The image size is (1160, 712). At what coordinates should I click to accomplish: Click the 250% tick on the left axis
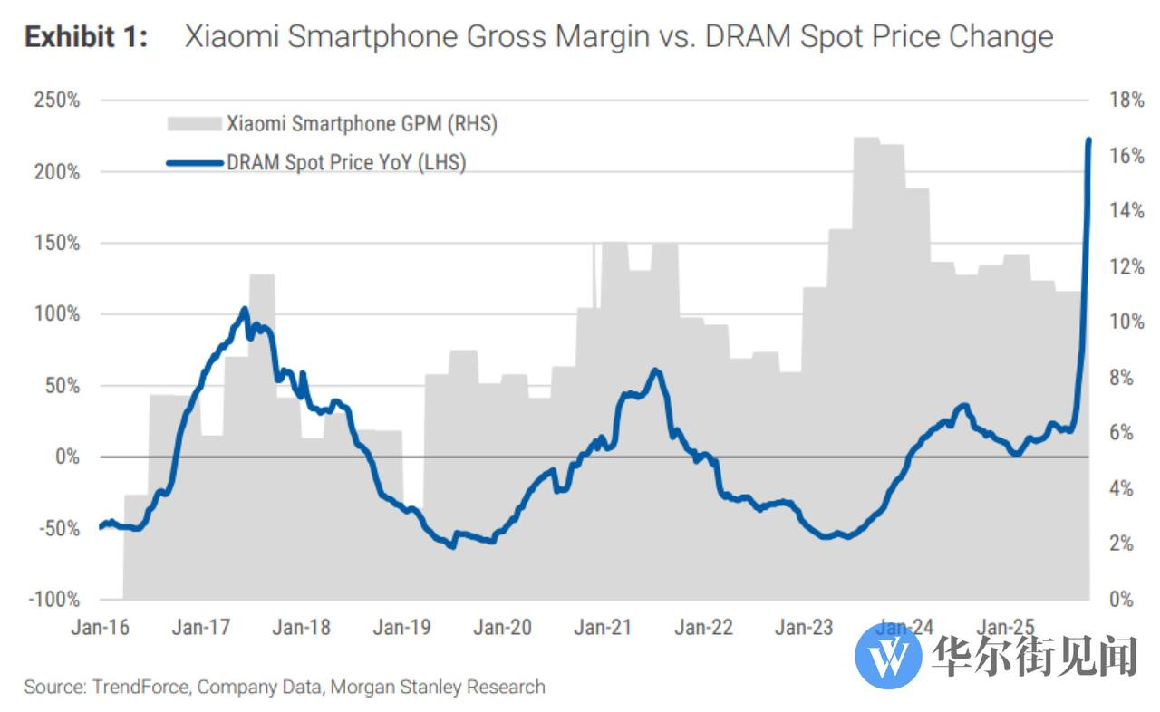pos(56,101)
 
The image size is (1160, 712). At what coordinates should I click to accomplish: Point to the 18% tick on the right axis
pos(1126,101)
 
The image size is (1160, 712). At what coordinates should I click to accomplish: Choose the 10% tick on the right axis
pos(1126,322)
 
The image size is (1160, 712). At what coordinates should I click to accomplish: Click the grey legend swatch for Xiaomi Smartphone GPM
pos(193,124)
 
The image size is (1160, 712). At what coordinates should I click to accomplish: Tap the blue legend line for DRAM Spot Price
pos(195,163)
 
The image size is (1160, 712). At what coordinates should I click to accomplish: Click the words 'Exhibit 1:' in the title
pos(86,37)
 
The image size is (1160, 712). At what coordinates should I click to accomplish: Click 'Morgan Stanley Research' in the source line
pos(438,687)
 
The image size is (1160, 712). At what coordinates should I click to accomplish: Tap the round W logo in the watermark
pos(887,654)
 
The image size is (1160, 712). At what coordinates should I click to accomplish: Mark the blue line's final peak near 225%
pos(1088,140)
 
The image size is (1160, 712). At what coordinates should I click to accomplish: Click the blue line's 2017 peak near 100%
pos(245,310)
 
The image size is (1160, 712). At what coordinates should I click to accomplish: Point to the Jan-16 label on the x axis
pos(100,627)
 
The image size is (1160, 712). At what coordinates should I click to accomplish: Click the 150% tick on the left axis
pos(56,244)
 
